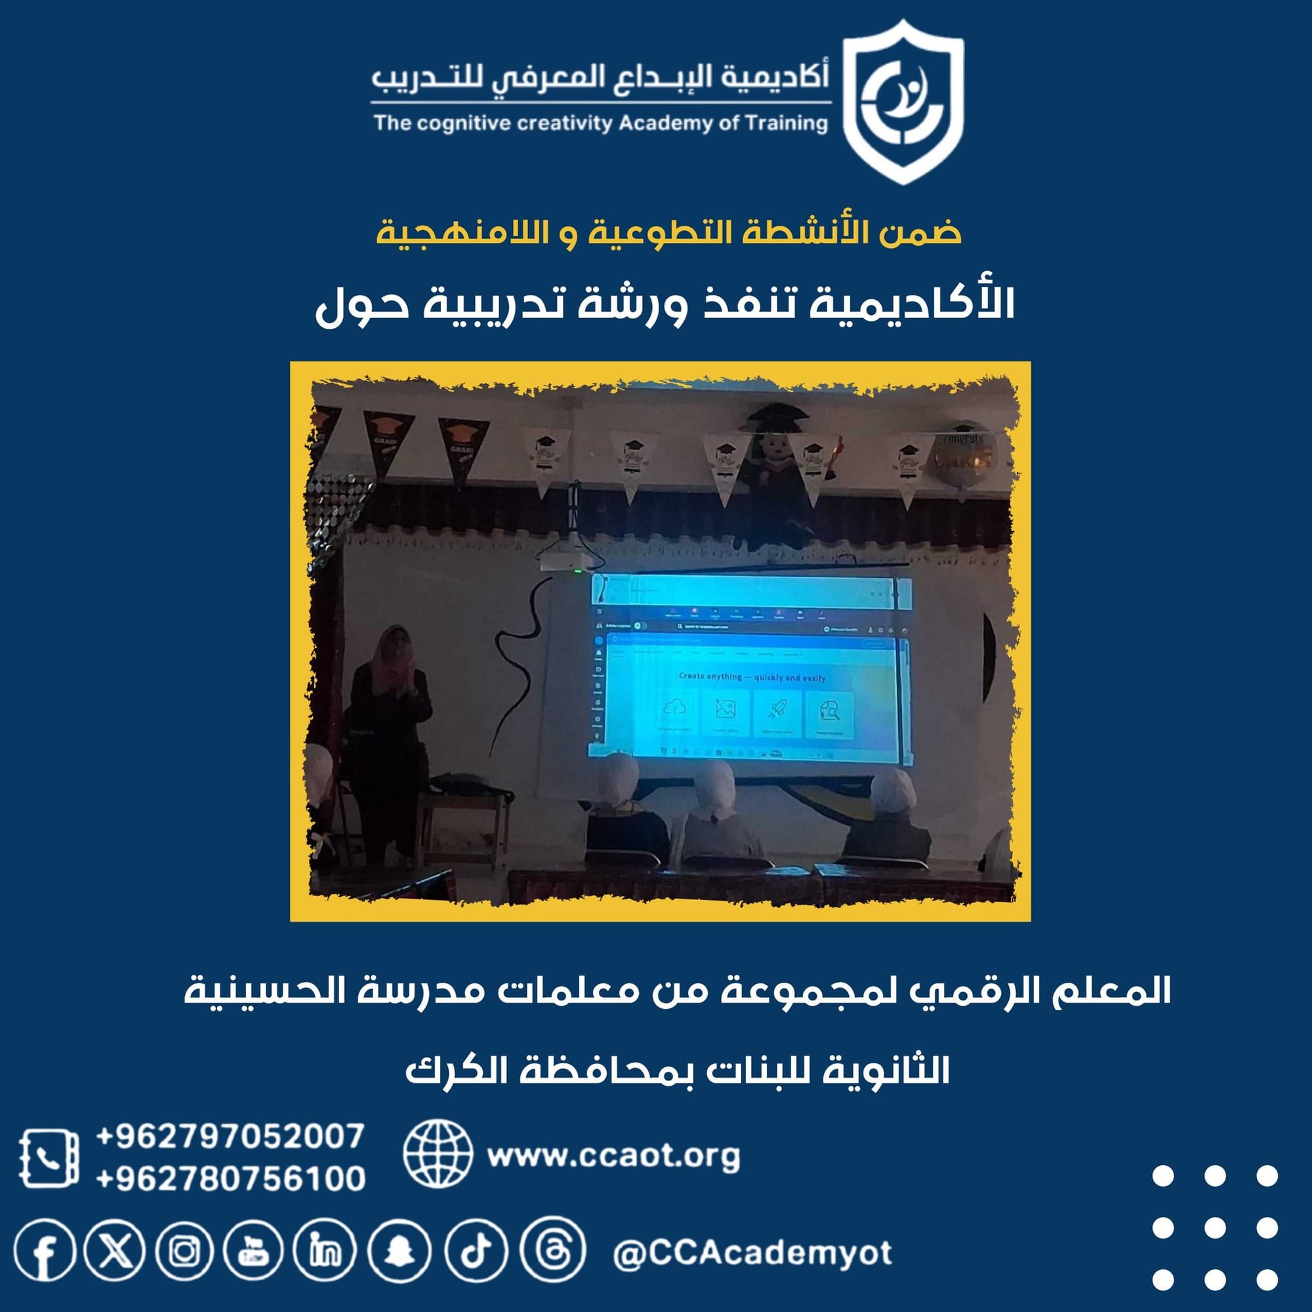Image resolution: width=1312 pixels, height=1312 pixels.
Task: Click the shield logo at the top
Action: coord(903,102)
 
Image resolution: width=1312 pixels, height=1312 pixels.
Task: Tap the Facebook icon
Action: coord(45,1252)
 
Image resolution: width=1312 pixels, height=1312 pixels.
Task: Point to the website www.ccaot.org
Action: coord(613,1156)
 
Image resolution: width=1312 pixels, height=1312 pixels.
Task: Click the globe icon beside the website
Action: coord(438,1155)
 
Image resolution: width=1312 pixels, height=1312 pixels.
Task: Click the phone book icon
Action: coord(48,1158)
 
